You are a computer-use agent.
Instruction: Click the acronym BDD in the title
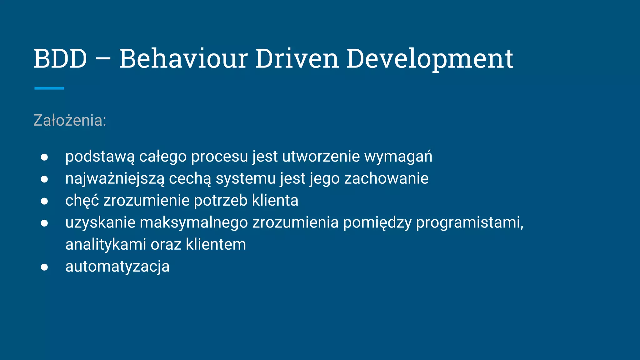(60, 59)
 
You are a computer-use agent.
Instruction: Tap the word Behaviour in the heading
(184, 59)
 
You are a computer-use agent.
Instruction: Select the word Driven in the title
(297, 59)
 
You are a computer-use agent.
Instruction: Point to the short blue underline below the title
(49, 88)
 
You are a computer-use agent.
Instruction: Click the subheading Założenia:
(70, 120)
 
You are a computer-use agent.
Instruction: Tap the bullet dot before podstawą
(44, 157)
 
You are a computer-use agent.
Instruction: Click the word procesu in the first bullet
(219, 157)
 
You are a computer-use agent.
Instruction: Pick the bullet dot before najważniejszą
(44, 179)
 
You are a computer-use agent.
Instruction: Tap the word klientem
(216, 245)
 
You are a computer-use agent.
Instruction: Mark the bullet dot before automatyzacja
(44, 267)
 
